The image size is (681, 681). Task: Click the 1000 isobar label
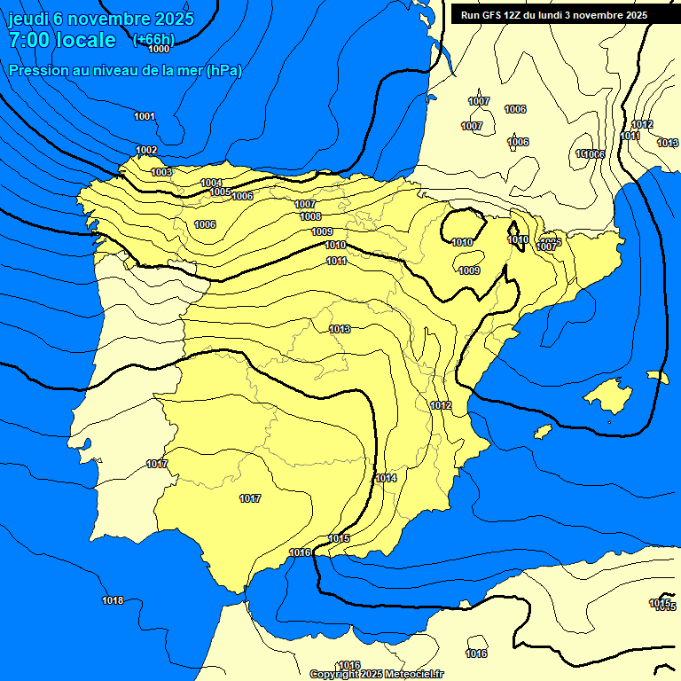(x=159, y=49)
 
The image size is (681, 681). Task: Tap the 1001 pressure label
(x=145, y=116)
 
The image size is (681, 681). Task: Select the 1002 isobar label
(x=146, y=150)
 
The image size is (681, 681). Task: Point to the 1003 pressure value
(x=161, y=172)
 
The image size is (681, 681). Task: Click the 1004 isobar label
(x=211, y=183)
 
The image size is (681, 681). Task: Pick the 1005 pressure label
(x=221, y=192)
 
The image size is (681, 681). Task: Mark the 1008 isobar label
(x=310, y=216)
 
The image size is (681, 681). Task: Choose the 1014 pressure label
(x=386, y=478)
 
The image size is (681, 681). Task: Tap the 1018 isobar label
(x=113, y=600)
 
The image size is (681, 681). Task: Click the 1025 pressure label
(x=551, y=241)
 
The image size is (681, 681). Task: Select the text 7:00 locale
(x=62, y=40)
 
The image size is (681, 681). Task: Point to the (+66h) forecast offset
(x=153, y=41)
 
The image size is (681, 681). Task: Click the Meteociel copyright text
(x=376, y=674)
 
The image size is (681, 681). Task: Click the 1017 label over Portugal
(x=157, y=464)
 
